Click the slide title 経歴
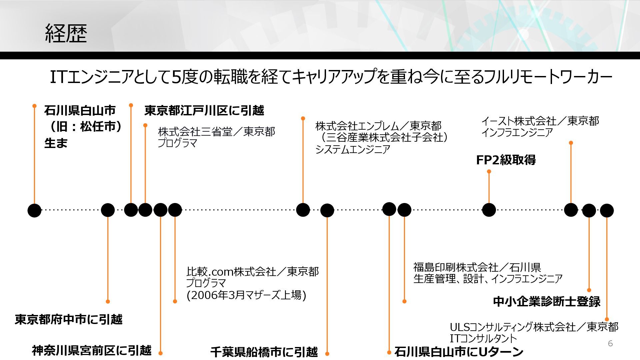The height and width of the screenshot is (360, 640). [66, 34]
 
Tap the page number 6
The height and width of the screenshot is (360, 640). [610, 343]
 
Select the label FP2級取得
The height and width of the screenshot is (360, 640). [506, 160]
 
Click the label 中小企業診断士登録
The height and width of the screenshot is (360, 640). [547, 301]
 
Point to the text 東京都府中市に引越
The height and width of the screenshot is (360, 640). [69, 319]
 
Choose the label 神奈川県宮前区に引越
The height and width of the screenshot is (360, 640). [92, 350]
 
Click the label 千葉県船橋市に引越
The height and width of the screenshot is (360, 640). [264, 352]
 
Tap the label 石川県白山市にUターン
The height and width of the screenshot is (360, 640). [459, 352]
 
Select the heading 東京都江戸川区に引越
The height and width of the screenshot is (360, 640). [204, 110]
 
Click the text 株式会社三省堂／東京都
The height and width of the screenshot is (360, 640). [216, 132]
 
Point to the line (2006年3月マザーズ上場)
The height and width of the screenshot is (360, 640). [246, 295]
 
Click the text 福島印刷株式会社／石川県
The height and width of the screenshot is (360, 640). [477, 267]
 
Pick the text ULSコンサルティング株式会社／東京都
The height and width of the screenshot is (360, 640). [534, 327]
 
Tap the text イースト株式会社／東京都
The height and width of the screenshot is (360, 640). [540, 121]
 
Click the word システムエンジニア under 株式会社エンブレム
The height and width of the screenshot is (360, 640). [353, 149]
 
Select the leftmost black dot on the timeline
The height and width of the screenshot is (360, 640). [34, 210]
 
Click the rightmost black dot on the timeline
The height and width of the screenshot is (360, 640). [607, 211]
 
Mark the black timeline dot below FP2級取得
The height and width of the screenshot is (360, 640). [489, 210]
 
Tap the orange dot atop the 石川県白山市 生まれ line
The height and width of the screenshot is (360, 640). [34, 106]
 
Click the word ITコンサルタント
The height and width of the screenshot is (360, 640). [483, 338]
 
